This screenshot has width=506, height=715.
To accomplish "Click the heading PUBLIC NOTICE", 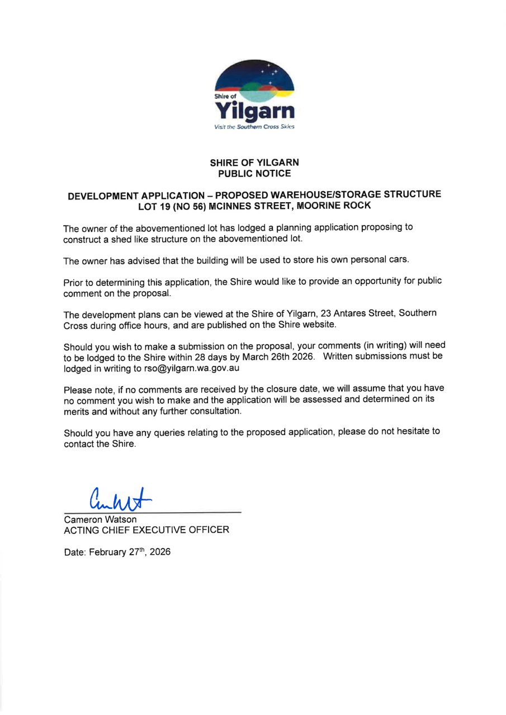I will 254,174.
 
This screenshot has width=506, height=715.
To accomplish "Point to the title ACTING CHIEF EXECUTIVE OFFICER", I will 146,530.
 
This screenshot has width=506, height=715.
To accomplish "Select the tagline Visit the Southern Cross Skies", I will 254,127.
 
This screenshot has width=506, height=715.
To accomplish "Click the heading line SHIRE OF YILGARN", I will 254,163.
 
